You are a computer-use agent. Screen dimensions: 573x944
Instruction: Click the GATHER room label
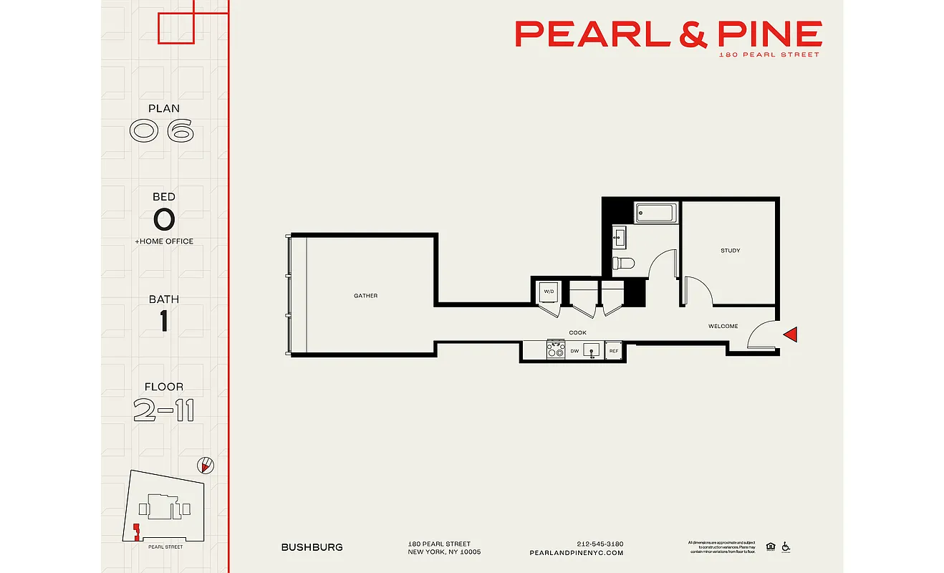365,296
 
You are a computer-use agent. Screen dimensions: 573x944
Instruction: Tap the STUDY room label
730,251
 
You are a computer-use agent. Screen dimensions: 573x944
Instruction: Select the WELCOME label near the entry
723,327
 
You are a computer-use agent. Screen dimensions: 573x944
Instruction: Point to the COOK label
577,333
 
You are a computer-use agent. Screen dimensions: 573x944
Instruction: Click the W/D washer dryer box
549,292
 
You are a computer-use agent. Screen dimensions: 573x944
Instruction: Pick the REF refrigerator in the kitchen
613,351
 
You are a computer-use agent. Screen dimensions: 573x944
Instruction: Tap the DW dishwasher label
574,351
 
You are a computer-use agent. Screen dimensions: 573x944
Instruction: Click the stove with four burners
556,350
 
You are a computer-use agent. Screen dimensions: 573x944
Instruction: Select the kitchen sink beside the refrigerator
592,350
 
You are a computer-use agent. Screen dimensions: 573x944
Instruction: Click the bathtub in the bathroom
655,213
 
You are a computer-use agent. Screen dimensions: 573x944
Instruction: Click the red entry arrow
790,334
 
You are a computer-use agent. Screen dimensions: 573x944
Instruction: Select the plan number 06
161,131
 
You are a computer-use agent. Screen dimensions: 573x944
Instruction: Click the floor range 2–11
163,410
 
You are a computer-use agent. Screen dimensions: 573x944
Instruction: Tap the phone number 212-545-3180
599,544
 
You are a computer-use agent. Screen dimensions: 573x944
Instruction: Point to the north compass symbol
206,466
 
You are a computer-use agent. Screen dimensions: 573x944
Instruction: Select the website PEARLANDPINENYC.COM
576,553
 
